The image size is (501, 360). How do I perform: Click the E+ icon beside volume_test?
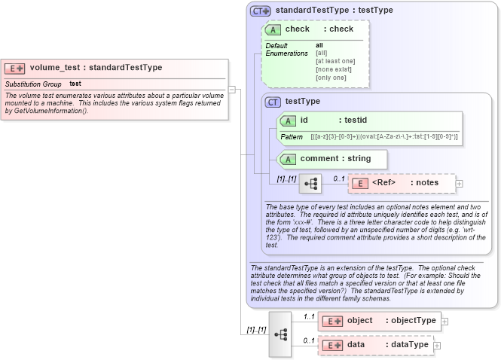(x=15, y=68)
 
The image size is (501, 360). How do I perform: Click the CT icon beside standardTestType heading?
(x=261, y=11)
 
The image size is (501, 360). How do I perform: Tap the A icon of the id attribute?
(x=287, y=120)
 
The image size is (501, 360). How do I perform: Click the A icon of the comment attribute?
(x=287, y=159)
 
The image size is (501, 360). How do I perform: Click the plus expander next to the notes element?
(x=460, y=183)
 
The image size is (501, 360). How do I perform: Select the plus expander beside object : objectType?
(x=444, y=321)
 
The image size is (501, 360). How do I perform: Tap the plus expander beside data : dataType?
(x=437, y=345)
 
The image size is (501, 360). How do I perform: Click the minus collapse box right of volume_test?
(x=232, y=89)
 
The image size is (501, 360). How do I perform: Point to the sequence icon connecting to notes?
(x=310, y=183)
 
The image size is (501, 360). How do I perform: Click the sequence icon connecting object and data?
(x=280, y=334)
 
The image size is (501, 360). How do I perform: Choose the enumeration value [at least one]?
(x=335, y=61)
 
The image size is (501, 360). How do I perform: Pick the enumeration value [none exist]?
(x=331, y=69)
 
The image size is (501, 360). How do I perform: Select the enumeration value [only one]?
(x=331, y=78)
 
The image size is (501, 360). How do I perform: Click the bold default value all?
(x=319, y=45)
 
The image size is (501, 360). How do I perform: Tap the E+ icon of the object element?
(x=331, y=321)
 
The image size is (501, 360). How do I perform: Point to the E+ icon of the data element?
(x=331, y=345)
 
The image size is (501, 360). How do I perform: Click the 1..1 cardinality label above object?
(x=308, y=316)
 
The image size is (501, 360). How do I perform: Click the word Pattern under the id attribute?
(x=292, y=137)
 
